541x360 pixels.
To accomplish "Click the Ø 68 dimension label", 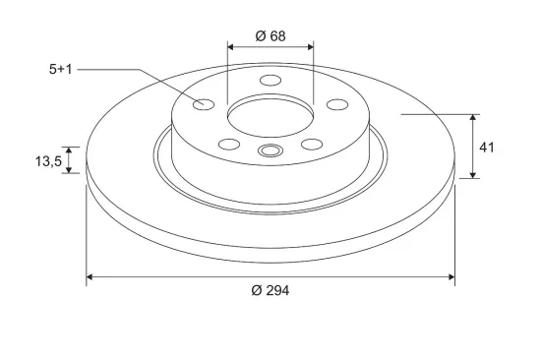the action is pyautogui.click(x=270, y=35).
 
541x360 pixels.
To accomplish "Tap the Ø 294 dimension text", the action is pyautogui.click(x=270, y=290).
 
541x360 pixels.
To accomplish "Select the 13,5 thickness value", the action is pyautogui.click(x=48, y=161).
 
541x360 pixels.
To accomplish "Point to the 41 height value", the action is pyautogui.click(x=487, y=148).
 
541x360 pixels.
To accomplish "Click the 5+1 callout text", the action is pyautogui.click(x=60, y=70).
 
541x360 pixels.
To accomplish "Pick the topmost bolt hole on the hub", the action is pyautogui.click(x=270, y=80).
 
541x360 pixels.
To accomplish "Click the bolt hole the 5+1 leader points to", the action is pyautogui.click(x=204, y=104).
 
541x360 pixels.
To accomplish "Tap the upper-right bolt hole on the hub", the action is pyautogui.click(x=337, y=104).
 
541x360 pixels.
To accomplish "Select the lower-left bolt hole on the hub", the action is pyautogui.click(x=229, y=145).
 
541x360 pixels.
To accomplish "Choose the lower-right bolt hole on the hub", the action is pyautogui.click(x=312, y=145).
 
